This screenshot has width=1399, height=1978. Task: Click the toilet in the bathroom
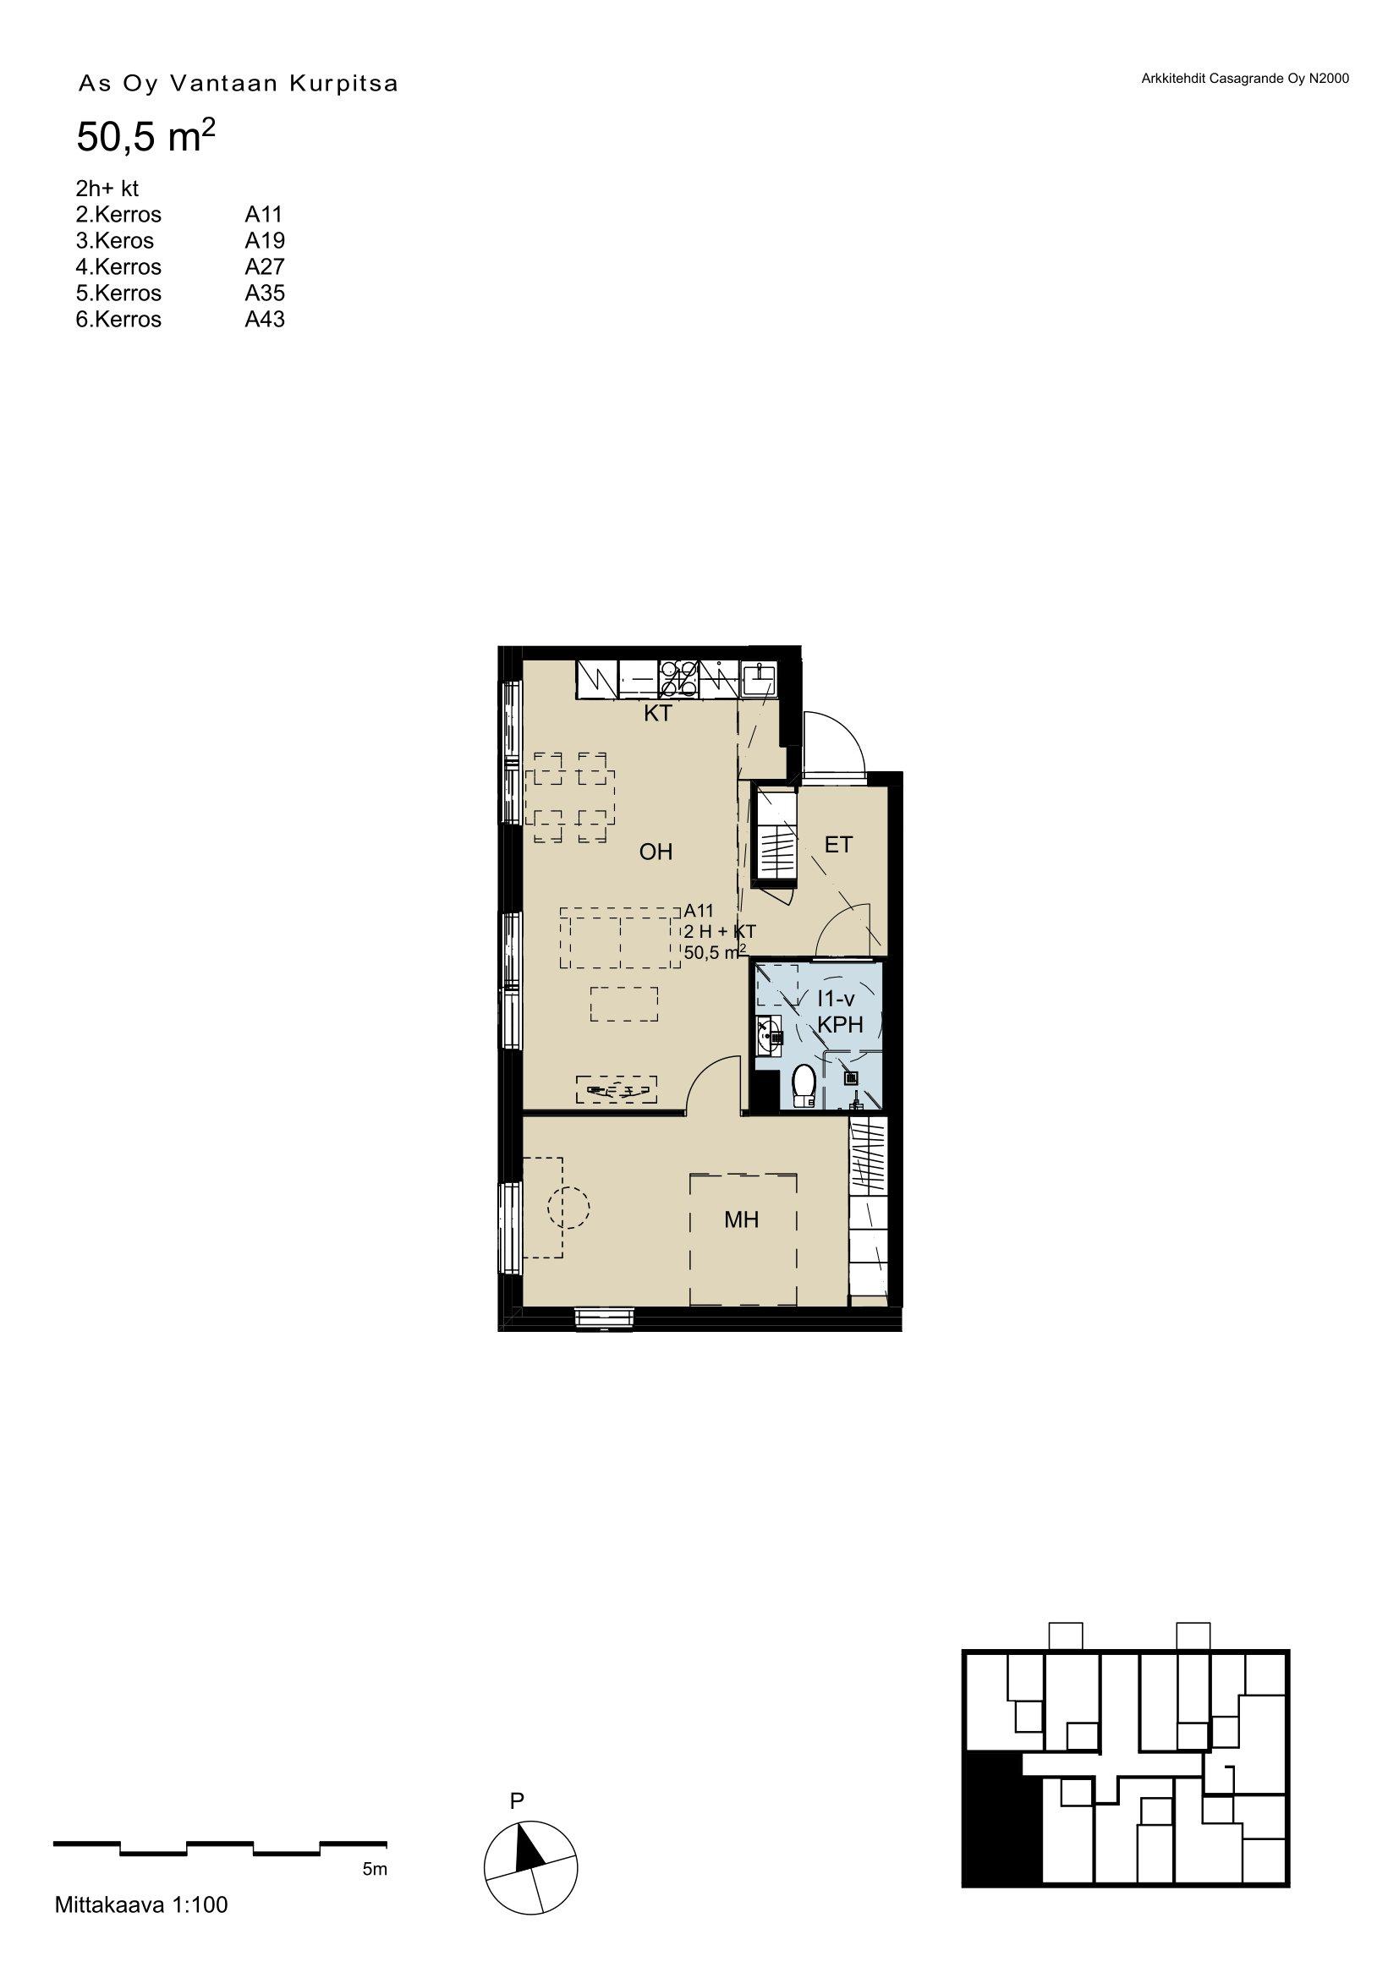[804, 1087]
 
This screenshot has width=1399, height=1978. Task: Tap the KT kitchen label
[658, 715]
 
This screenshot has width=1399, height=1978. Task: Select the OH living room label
[656, 852]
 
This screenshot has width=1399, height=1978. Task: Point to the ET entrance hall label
[838, 845]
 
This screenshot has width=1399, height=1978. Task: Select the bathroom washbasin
[768, 1034]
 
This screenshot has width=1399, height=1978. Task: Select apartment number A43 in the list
[265, 320]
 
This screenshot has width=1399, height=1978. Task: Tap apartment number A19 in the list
[265, 240]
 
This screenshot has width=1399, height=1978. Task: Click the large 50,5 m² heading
[145, 137]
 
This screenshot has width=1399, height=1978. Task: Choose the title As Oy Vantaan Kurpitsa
[238, 85]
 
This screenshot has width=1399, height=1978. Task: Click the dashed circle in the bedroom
[567, 1207]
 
